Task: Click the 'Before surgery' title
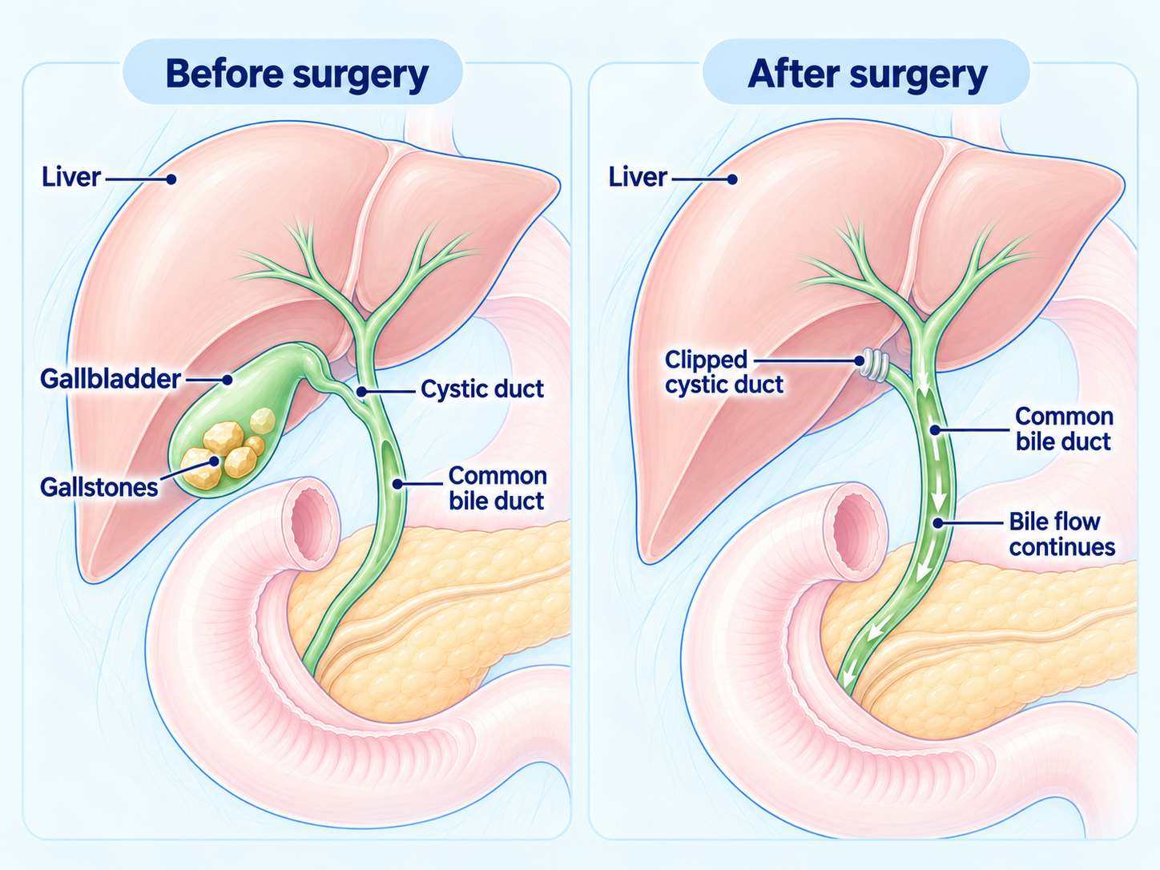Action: point(297,75)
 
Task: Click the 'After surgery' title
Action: point(868,75)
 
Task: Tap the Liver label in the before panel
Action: point(70,177)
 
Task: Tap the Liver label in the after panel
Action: point(638,177)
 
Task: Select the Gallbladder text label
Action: point(111,379)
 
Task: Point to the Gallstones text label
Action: point(99,487)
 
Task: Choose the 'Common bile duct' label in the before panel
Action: point(497,489)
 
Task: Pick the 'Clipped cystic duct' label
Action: point(724,372)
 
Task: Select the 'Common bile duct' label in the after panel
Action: point(1064,429)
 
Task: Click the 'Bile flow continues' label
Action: point(1061,534)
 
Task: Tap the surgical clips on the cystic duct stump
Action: point(874,364)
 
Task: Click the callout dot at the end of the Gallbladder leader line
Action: point(228,380)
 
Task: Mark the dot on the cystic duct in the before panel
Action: point(361,392)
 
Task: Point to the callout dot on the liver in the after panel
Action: point(732,179)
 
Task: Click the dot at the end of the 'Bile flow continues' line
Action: point(938,523)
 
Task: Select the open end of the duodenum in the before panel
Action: point(312,523)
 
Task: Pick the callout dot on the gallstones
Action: point(214,461)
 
